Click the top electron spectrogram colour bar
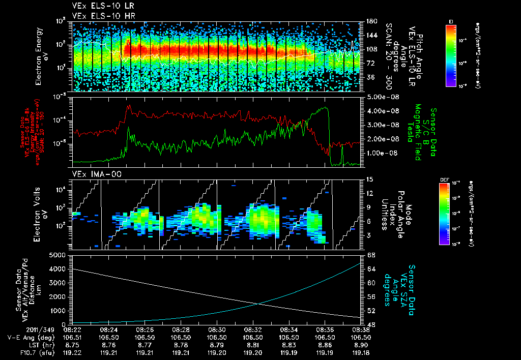[451, 55]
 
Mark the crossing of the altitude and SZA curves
[259, 304]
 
